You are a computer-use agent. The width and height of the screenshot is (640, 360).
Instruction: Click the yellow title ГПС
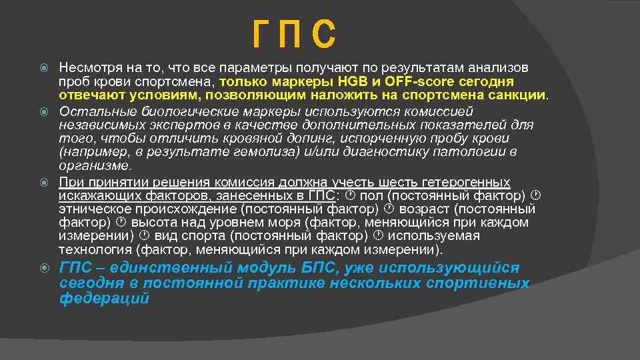(294, 35)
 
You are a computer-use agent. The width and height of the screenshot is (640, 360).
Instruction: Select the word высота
(150, 222)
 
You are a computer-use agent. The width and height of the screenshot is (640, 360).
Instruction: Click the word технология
(95, 250)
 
